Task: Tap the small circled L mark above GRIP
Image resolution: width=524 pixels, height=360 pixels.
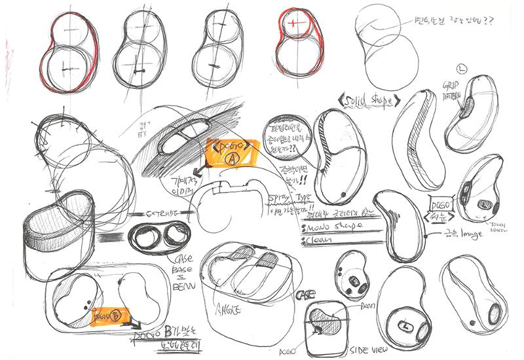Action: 463,69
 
